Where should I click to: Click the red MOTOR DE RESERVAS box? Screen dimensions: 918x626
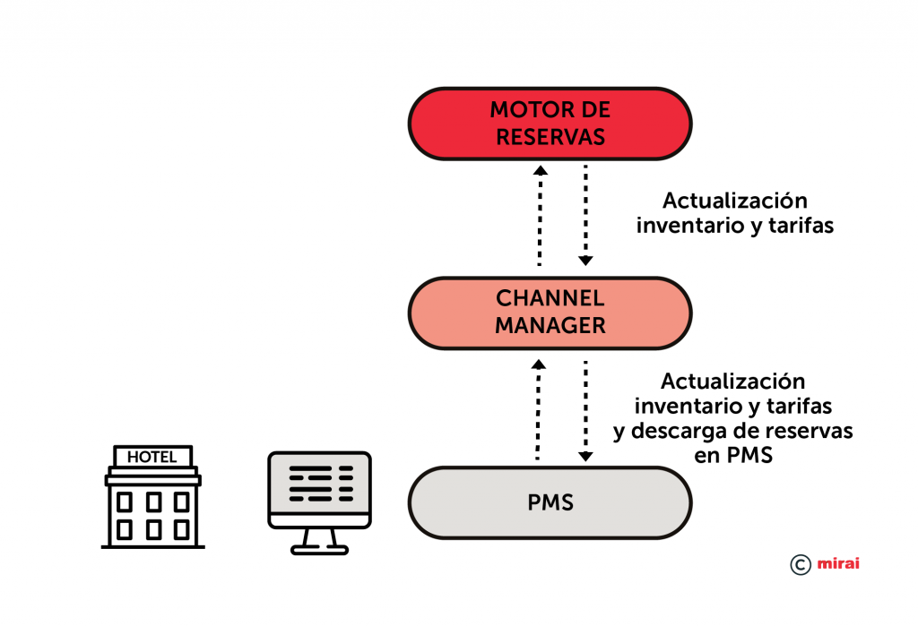[x=550, y=124]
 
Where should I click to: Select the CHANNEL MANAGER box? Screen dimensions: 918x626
[x=550, y=313]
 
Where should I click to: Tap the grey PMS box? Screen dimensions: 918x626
[x=550, y=502]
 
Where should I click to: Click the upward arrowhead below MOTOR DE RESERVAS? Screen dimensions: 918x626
[x=541, y=170]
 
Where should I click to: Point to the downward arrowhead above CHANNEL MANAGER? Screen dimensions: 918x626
[x=585, y=261]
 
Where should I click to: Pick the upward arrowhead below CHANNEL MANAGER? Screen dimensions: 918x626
[x=539, y=364]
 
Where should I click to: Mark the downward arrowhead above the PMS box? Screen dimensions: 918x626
[x=585, y=457]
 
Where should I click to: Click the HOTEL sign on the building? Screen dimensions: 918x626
[x=152, y=457]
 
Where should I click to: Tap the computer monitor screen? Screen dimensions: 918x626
[x=320, y=484]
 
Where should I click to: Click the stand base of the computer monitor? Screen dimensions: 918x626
[x=320, y=550]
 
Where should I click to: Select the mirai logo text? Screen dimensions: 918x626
[x=838, y=563]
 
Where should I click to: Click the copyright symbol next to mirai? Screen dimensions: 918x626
[x=801, y=564]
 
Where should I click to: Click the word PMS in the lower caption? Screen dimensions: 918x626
[x=750, y=455]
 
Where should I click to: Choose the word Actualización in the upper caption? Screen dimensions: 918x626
[x=735, y=200]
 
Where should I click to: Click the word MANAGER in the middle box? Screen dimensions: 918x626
[x=550, y=326]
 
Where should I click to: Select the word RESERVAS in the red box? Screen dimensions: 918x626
[x=550, y=137]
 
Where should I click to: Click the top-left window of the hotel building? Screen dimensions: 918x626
[x=124, y=502]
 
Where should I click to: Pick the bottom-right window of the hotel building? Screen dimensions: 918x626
[x=181, y=529]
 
